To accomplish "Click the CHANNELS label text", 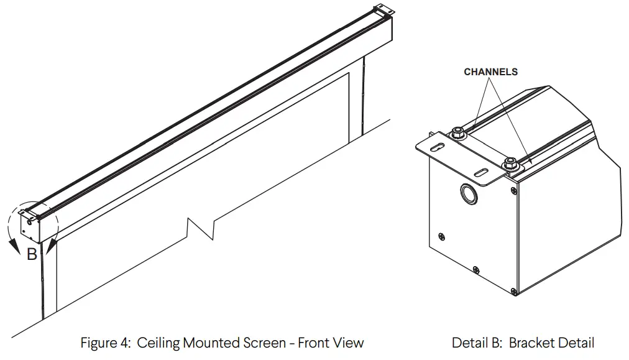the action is point(490,72).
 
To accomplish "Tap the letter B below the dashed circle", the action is point(32,254).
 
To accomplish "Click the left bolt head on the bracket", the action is point(457,131).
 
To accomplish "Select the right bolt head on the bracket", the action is point(510,163).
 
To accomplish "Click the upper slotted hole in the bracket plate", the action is point(439,147).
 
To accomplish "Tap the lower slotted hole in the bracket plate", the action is point(482,172).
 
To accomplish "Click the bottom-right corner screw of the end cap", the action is point(513,291).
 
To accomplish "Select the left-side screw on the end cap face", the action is point(442,236).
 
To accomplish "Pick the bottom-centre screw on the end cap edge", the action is point(475,269).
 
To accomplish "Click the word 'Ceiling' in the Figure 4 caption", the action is point(158,343).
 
